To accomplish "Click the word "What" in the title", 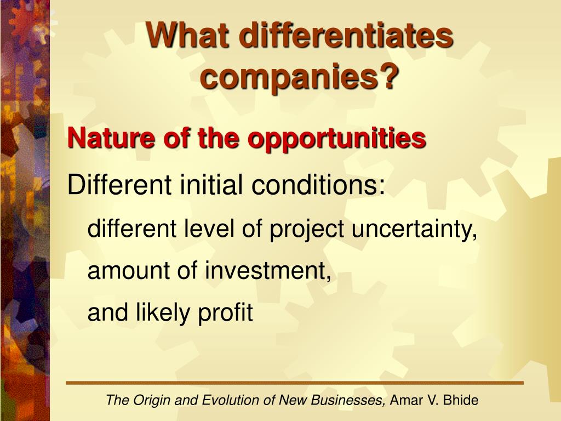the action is [x=188, y=35].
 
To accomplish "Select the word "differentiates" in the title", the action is [x=347, y=35].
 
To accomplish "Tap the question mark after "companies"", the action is [x=387, y=75].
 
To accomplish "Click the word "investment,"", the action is [x=268, y=270].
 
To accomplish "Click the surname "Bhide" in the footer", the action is [x=461, y=400].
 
